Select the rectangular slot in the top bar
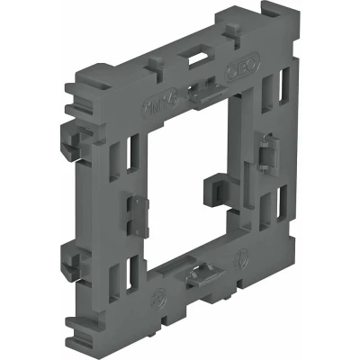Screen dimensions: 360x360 point(193,60)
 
